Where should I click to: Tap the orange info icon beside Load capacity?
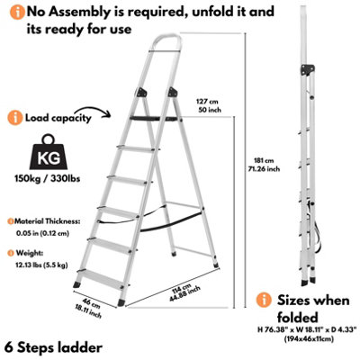(13, 118)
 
